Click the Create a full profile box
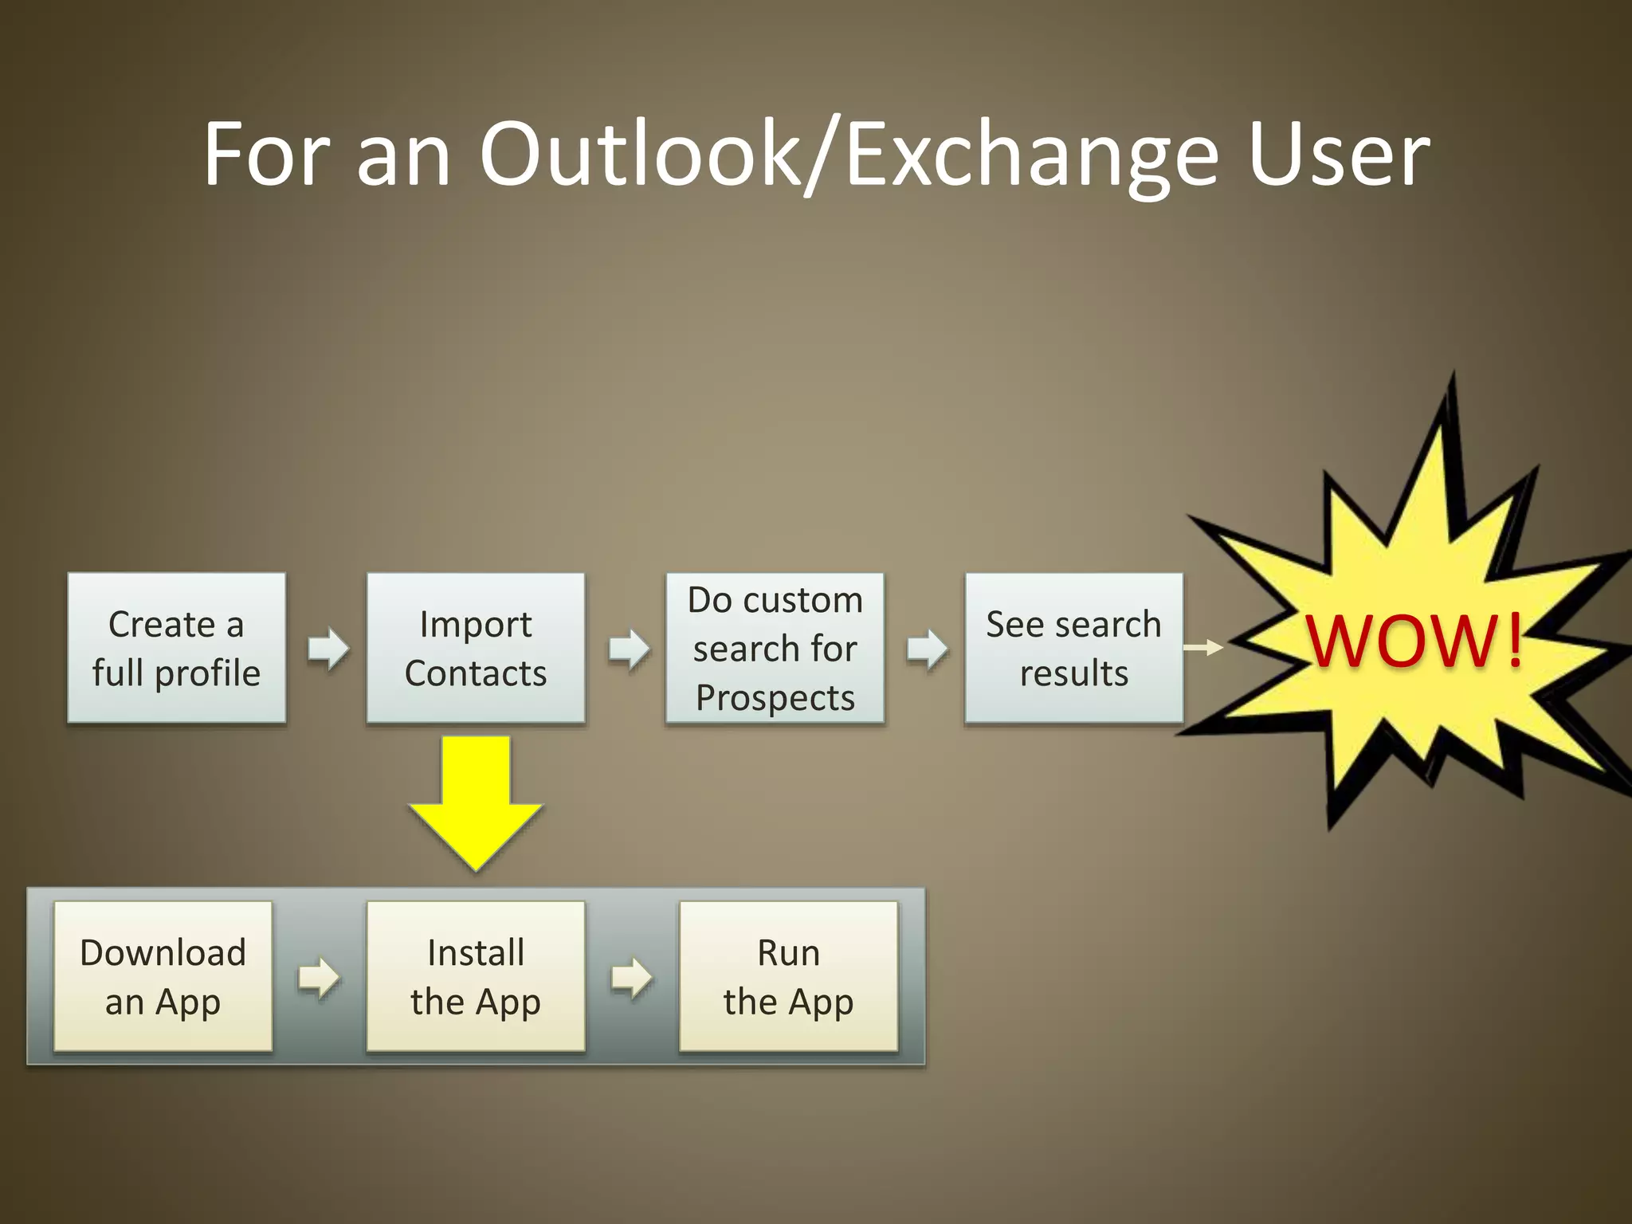(176, 648)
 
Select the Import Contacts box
(476, 648)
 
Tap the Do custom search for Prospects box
(775, 648)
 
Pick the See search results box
(1073, 648)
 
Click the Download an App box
(163, 976)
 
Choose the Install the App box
(476, 976)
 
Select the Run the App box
(788, 976)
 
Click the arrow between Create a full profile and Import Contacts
(328, 648)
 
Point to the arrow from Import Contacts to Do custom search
(628, 649)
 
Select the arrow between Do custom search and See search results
(927, 649)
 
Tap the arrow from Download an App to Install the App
(319, 977)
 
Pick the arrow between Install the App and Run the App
(632, 977)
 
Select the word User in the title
(1339, 155)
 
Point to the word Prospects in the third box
(775, 698)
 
